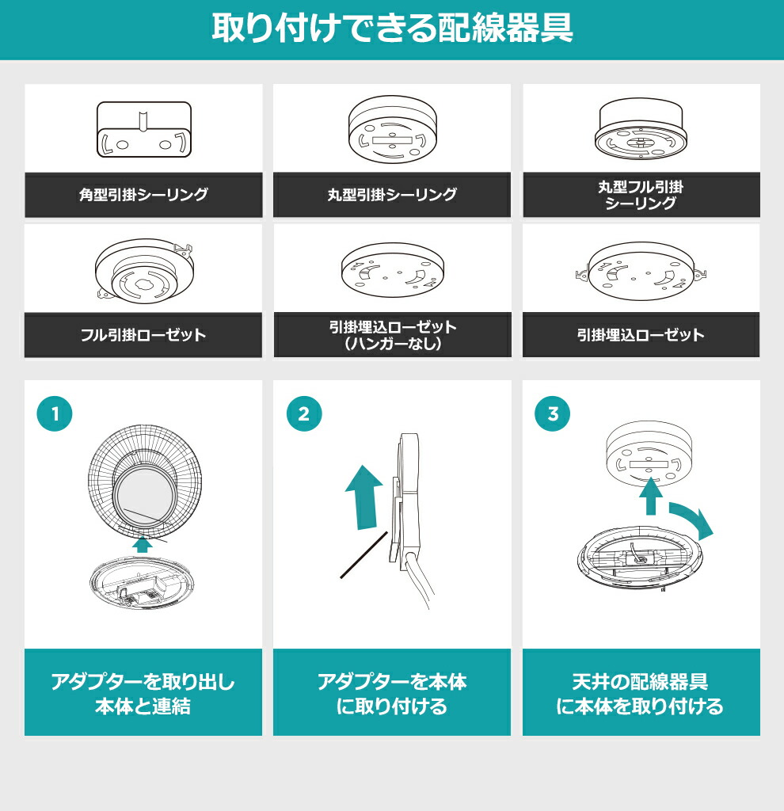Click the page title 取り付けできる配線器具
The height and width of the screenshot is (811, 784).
[392, 29]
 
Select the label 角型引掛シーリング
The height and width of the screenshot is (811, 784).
[143, 195]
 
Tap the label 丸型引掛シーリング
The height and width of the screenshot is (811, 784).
[392, 195]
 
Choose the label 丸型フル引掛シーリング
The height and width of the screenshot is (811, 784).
[641, 195]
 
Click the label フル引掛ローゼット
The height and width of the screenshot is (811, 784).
[143, 334]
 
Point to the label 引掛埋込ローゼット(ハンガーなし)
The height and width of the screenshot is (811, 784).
[392, 335]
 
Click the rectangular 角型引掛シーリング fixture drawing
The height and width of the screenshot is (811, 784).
[143, 131]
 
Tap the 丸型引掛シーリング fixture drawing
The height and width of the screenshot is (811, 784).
[392, 131]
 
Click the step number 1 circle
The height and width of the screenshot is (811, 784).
[55, 414]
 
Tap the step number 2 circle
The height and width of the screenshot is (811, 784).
[303, 414]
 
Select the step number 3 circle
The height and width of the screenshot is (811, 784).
[553, 414]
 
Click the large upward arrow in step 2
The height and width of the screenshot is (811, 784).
[363, 496]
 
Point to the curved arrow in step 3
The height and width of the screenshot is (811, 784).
[691, 519]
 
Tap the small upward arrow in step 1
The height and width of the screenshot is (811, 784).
[143, 544]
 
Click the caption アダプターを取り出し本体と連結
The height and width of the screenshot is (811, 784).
[143, 693]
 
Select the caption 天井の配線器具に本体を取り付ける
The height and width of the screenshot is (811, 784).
[641, 693]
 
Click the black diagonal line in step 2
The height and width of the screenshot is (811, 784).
[364, 554]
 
